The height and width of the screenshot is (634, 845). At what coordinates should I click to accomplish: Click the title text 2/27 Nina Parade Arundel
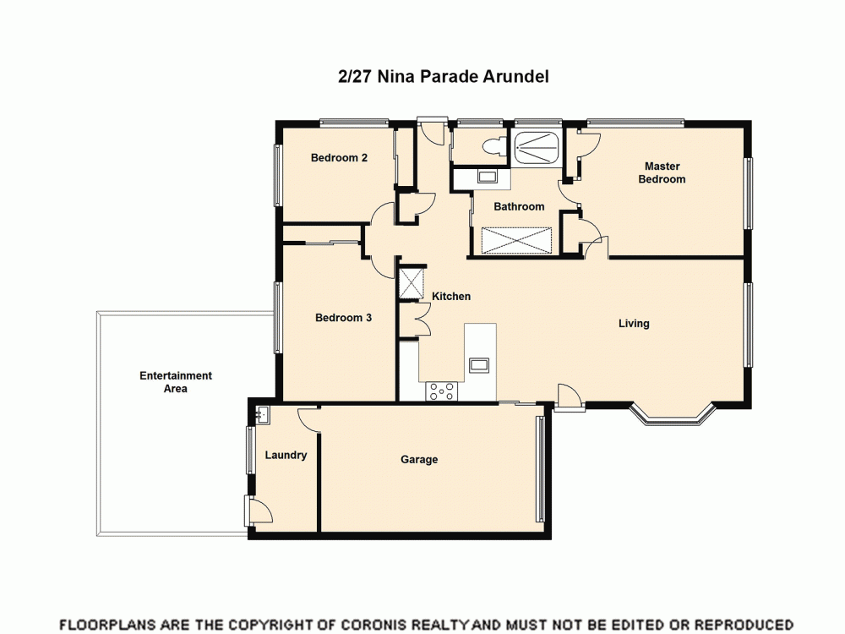coord(444,76)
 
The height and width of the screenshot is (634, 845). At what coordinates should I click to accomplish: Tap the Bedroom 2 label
coord(338,157)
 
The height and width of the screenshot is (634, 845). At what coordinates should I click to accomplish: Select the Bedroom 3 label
coord(343,318)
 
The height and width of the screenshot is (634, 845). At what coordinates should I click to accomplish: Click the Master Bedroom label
coord(662,172)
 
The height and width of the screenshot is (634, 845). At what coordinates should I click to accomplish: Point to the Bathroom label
coord(519,206)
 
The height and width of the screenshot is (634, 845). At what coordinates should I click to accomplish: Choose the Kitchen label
coord(451,296)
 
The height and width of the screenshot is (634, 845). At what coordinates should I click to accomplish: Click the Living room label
coord(634,323)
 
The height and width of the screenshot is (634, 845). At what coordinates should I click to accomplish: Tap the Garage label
coord(419,459)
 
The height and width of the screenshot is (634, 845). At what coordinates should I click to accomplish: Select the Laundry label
coord(286,455)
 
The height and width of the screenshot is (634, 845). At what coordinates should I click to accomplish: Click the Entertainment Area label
coord(176,382)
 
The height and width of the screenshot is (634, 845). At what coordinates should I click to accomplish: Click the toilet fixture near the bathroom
coord(492,147)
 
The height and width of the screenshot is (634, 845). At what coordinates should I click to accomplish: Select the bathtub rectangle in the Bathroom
coord(515,240)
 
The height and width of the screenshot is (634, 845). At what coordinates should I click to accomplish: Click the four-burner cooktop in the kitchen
coord(442,391)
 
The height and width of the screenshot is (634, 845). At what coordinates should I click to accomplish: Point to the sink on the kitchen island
coord(479,364)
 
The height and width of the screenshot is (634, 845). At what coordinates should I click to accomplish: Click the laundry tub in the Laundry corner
coord(262,414)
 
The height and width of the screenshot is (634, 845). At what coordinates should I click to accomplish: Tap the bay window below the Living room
coord(673,416)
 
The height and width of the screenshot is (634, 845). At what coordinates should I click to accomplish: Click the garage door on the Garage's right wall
coord(540,468)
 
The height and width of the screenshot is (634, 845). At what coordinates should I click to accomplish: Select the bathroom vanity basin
coord(488,177)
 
